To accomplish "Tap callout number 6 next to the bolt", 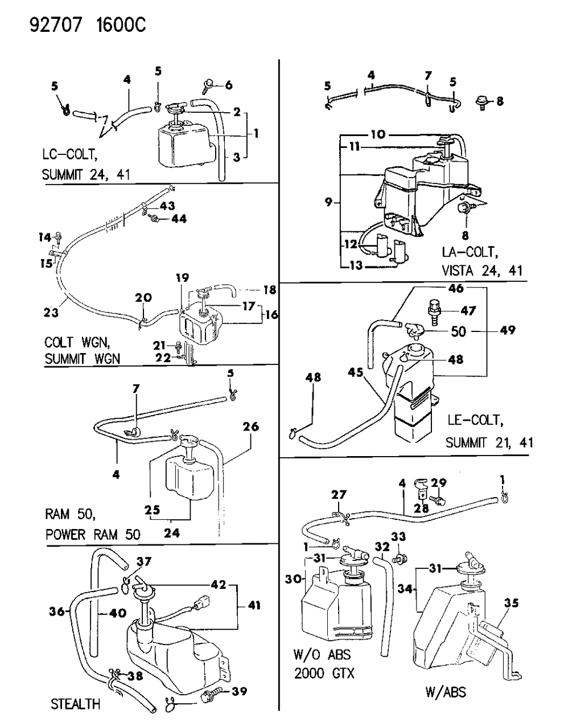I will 228,85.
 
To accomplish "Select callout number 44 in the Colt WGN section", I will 180,219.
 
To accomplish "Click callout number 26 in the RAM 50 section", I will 250,426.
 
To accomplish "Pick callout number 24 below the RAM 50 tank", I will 172,534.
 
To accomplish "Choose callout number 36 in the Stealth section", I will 56,612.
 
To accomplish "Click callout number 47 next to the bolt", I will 469,311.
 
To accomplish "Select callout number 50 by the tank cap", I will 458,331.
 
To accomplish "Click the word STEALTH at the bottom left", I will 75,704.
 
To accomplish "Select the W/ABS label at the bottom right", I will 446,692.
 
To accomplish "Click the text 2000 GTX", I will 324,674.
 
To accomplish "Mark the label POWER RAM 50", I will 93,535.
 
